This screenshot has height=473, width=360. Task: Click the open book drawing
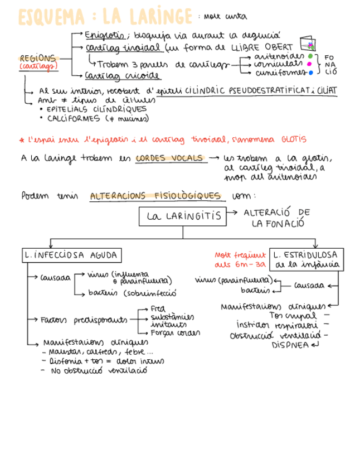tap(307, 44)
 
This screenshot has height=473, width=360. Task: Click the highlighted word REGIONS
tap(38, 58)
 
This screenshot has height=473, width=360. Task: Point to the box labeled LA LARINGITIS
tap(183, 216)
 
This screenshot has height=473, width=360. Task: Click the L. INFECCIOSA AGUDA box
tap(71, 255)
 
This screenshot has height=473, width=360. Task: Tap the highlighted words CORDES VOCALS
tap(169, 158)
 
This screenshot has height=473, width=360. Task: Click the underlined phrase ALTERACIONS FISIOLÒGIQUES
tap(155, 196)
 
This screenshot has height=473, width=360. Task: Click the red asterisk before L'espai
tap(21, 139)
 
